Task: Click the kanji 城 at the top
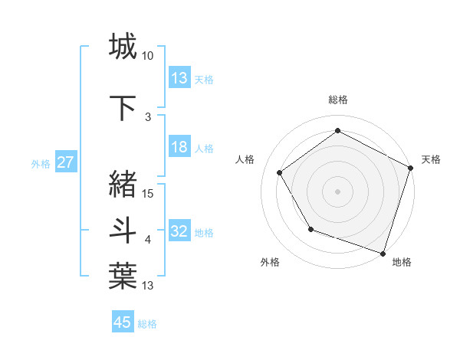[123, 47]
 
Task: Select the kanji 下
[123, 108]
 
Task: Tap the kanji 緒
[123, 184]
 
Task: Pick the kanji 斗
[123, 230]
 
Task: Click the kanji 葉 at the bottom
[123, 277]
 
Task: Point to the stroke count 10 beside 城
[148, 57]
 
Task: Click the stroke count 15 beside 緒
[148, 194]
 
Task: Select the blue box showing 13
[179, 78]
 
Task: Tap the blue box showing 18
[179, 147]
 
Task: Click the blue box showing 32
[179, 231]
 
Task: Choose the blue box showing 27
[65, 162]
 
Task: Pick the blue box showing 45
[123, 322]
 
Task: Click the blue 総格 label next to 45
[147, 324]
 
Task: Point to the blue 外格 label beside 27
[41, 163]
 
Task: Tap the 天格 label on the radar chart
[431, 159]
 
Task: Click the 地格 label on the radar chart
[402, 263]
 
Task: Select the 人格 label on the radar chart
[245, 159]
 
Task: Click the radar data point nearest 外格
[310, 229]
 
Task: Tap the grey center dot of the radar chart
[337, 191]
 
